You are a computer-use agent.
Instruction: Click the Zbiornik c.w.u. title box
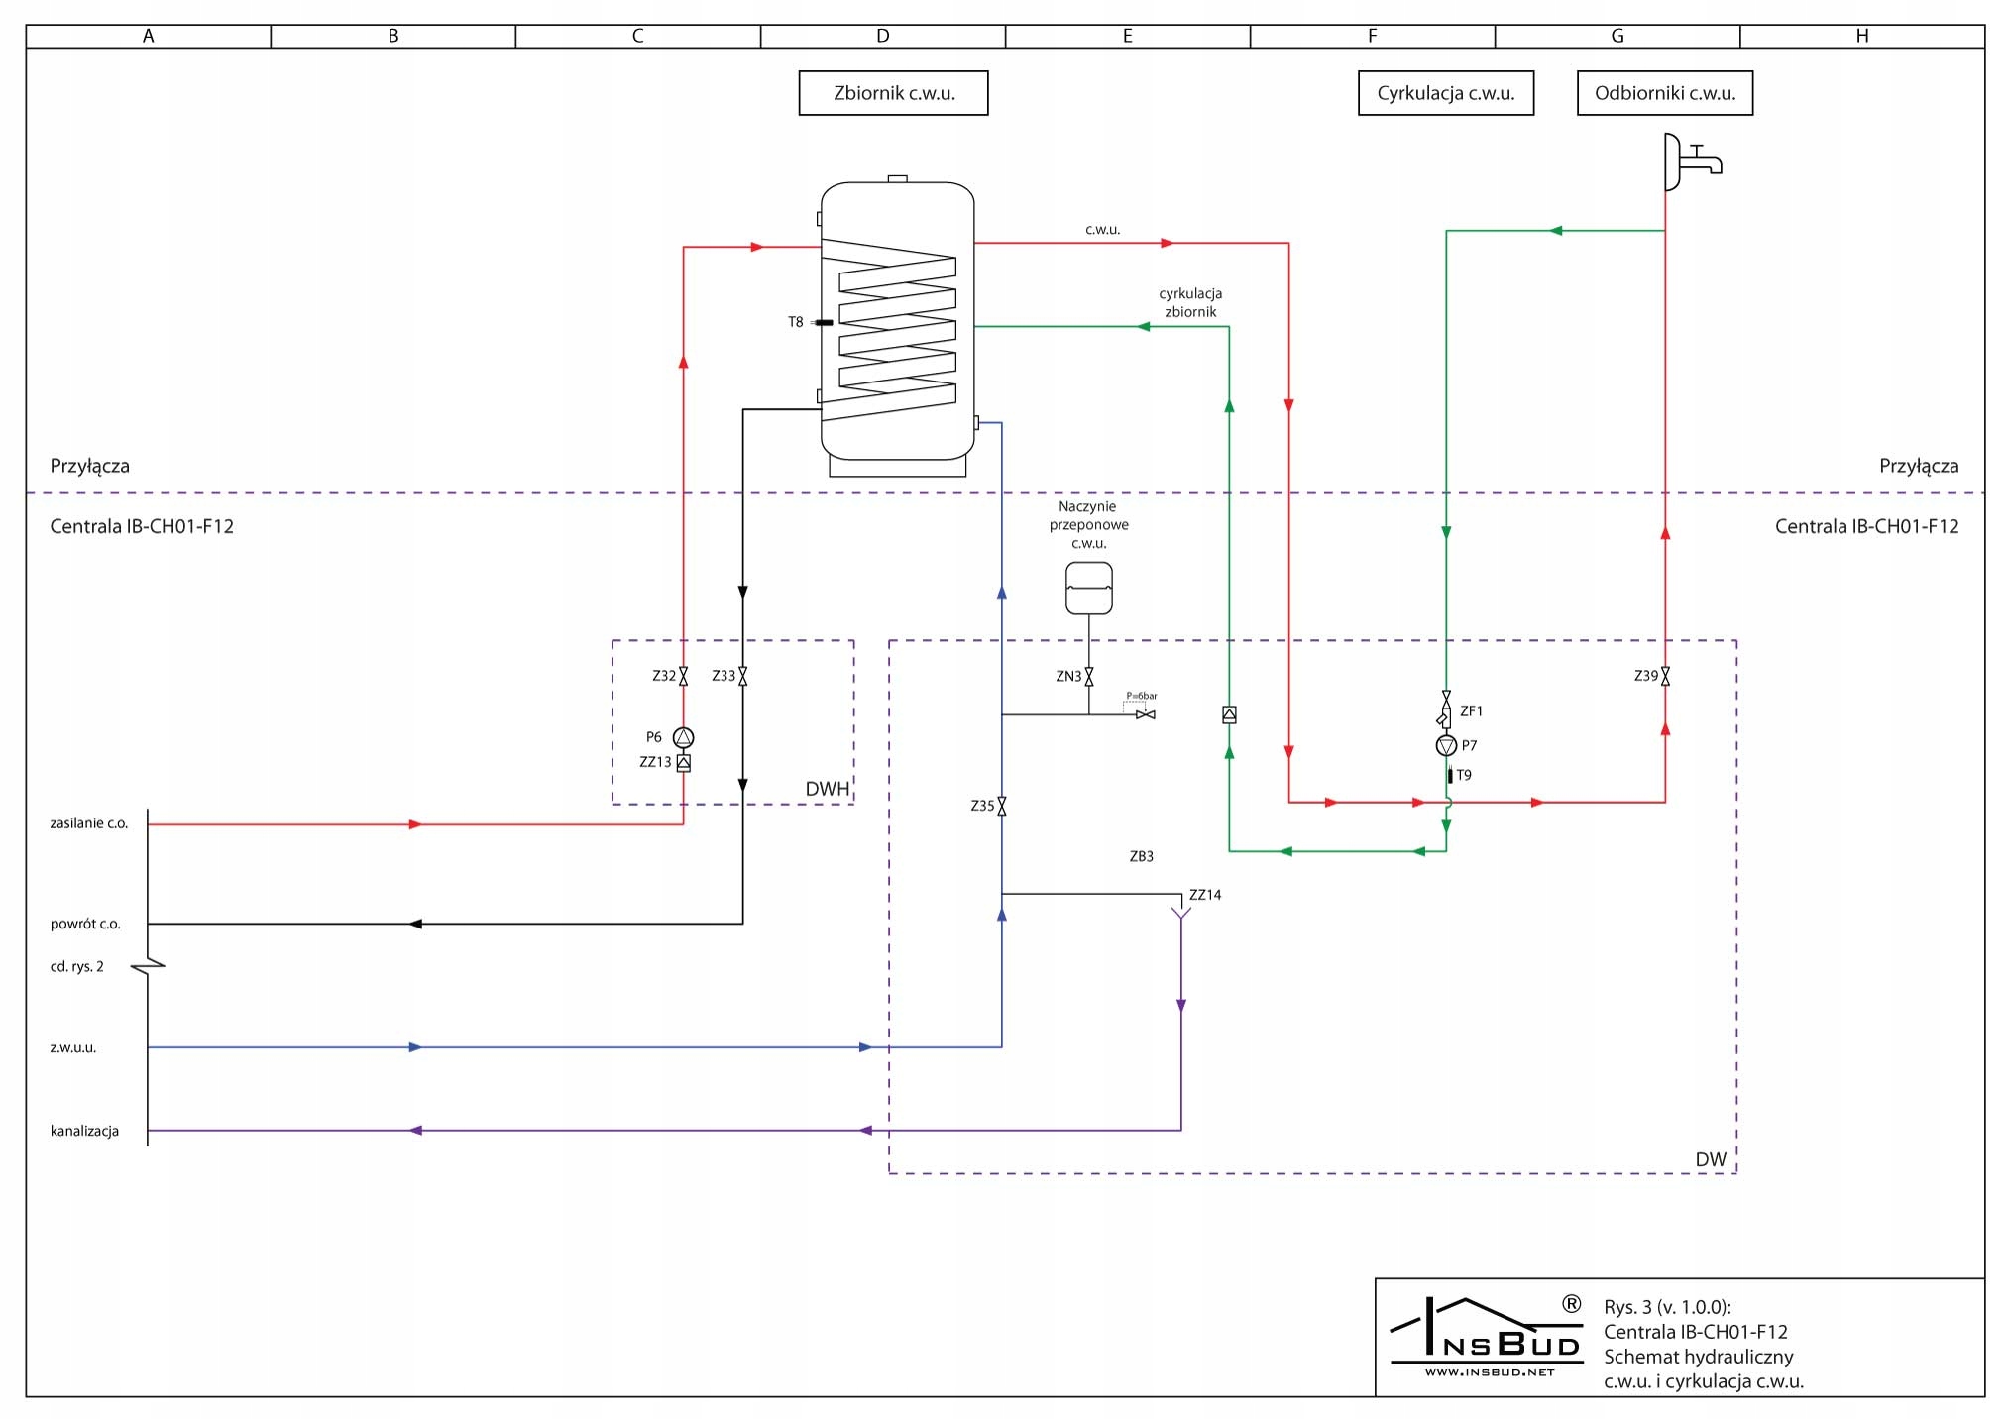click(x=893, y=93)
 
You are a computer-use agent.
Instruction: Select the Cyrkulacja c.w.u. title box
click(x=1445, y=93)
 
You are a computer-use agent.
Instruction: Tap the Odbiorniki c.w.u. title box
click(x=1664, y=93)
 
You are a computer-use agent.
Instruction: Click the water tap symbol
click(x=1692, y=162)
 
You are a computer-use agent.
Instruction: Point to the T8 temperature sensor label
click(x=795, y=322)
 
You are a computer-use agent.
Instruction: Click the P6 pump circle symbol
click(x=683, y=737)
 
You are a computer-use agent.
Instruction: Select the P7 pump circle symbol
click(x=1446, y=745)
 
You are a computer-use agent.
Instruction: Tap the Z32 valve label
click(x=663, y=676)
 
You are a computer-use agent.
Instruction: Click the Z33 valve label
click(x=724, y=676)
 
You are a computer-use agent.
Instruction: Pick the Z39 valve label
click(x=1645, y=676)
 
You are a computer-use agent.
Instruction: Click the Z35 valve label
click(x=981, y=806)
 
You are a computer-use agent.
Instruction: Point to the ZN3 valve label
click(x=1067, y=677)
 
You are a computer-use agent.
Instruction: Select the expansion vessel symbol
click(x=1088, y=589)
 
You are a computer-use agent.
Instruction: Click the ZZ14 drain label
click(x=1205, y=895)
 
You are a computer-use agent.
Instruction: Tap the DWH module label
click(x=827, y=789)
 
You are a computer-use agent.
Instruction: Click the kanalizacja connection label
click(x=84, y=1131)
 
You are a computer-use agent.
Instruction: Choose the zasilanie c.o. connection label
click(x=89, y=823)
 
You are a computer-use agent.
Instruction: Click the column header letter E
click(x=1127, y=36)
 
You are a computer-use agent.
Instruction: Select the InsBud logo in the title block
click(x=1487, y=1337)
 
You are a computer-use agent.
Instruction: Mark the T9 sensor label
click(x=1464, y=775)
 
